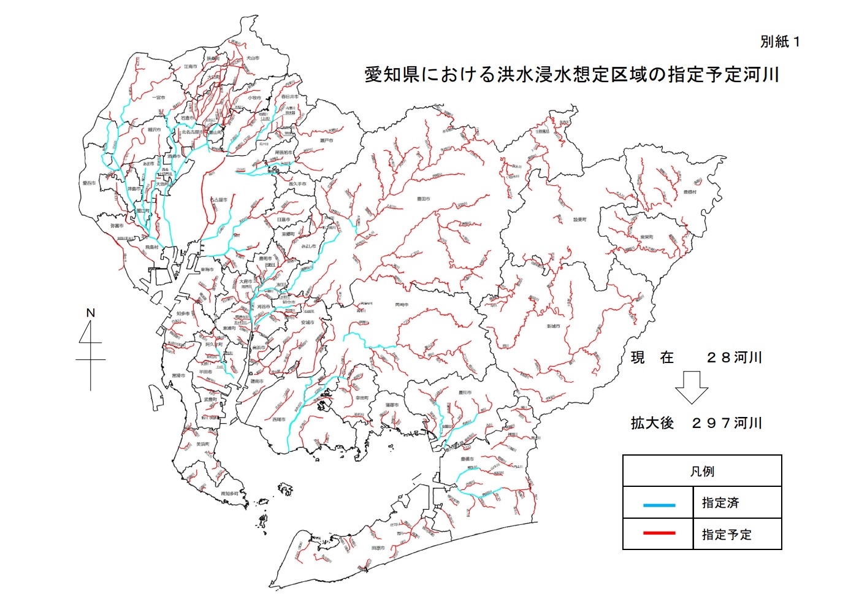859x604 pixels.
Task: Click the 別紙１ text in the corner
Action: click(779, 42)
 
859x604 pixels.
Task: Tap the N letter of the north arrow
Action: click(91, 313)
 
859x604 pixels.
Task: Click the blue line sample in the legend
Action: click(659, 505)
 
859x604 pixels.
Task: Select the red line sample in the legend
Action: click(659, 533)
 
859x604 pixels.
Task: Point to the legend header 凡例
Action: click(702, 471)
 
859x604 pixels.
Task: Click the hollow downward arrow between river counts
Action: click(692, 387)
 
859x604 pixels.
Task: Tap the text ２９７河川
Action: click(726, 423)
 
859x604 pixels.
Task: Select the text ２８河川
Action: click(733, 357)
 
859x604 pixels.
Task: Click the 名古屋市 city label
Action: click(219, 200)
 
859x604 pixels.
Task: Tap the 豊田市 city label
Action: click(424, 199)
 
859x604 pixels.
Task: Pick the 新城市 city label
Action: click(554, 326)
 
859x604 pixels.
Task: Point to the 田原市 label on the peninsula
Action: click(378, 548)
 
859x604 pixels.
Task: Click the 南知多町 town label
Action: click(230, 494)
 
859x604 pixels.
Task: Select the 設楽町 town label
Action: click(579, 220)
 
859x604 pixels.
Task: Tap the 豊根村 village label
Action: click(690, 192)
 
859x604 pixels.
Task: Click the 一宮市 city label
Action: click(158, 98)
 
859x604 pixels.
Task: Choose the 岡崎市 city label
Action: click(402, 305)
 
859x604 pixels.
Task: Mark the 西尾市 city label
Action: click(279, 419)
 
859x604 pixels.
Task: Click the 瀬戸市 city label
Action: click(327, 141)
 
